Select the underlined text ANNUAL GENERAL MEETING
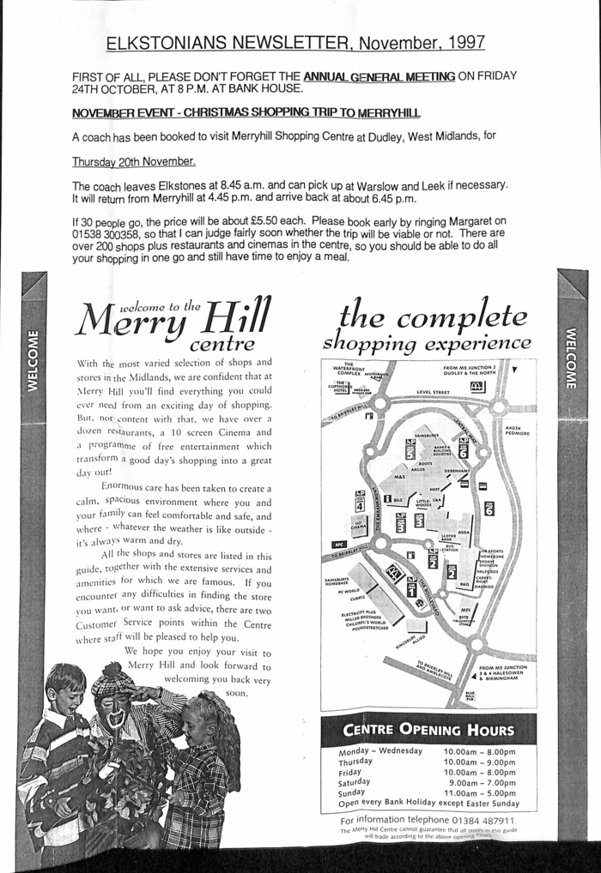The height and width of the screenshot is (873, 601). [379, 76]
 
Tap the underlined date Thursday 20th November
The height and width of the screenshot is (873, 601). [133, 161]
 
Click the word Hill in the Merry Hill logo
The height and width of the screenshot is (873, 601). [235, 318]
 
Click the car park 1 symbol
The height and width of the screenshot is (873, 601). [411, 587]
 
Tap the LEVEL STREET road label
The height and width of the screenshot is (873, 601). [433, 392]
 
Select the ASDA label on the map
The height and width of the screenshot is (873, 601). [464, 533]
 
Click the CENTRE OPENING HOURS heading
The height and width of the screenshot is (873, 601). [428, 731]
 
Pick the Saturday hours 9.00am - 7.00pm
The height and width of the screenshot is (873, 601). [482, 782]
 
